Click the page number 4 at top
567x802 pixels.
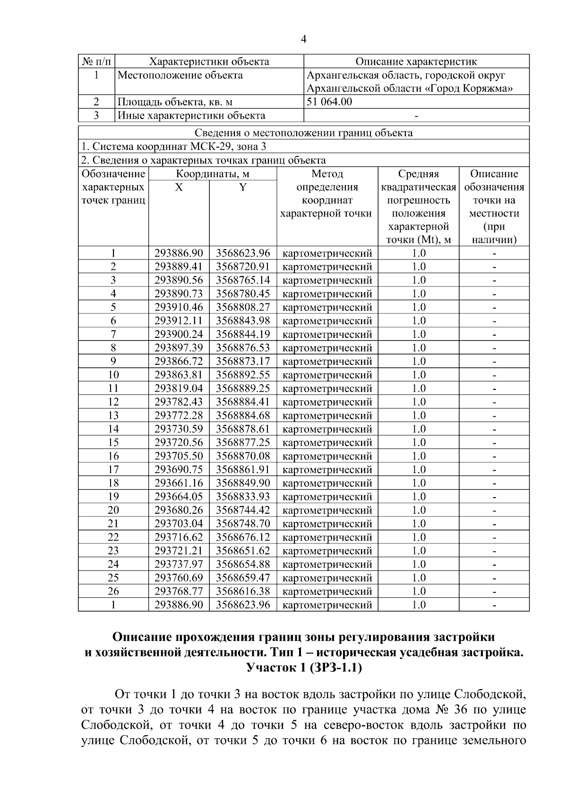click(x=303, y=40)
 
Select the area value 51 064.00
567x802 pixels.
click(x=329, y=102)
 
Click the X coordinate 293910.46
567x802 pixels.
click(x=179, y=307)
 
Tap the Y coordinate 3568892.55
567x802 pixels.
click(x=243, y=375)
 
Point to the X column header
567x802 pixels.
click(x=179, y=187)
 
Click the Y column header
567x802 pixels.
click(x=242, y=187)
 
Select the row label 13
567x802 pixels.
click(x=113, y=415)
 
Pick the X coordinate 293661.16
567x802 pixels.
click(x=179, y=483)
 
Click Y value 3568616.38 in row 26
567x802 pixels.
click(x=243, y=591)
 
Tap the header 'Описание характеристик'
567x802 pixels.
click(x=416, y=61)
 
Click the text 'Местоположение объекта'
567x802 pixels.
click(x=180, y=75)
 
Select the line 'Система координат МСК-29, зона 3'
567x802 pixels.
click(x=174, y=147)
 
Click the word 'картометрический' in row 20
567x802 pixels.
click(x=327, y=510)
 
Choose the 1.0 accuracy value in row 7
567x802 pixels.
click(x=418, y=334)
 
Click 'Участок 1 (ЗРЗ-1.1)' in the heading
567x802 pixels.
click(x=304, y=668)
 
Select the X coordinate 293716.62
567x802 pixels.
click(x=179, y=537)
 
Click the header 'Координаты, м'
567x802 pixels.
click(x=212, y=174)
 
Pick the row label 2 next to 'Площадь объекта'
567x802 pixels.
click(x=96, y=102)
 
